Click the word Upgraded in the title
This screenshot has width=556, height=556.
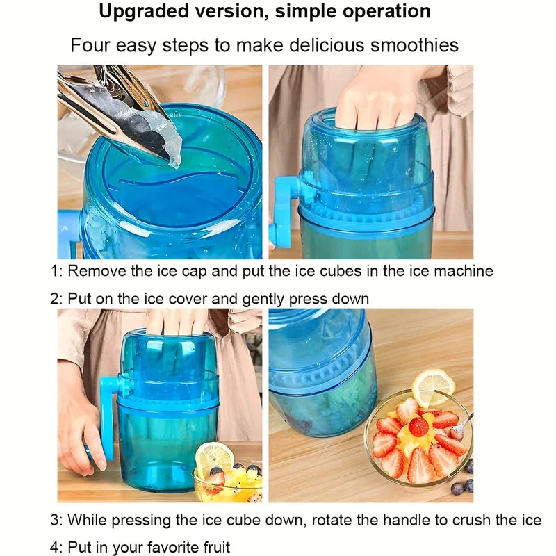(x=145, y=12)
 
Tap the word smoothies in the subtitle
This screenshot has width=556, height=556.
(x=414, y=45)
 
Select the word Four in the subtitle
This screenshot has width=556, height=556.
(x=90, y=45)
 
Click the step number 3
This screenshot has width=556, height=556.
(x=56, y=520)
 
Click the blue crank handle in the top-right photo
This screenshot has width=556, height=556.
(x=284, y=212)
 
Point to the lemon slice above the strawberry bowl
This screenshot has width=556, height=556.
(x=433, y=388)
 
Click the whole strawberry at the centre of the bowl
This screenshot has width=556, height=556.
(x=418, y=427)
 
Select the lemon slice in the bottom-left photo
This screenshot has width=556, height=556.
(x=214, y=457)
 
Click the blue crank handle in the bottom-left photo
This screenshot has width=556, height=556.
(x=108, y=418)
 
